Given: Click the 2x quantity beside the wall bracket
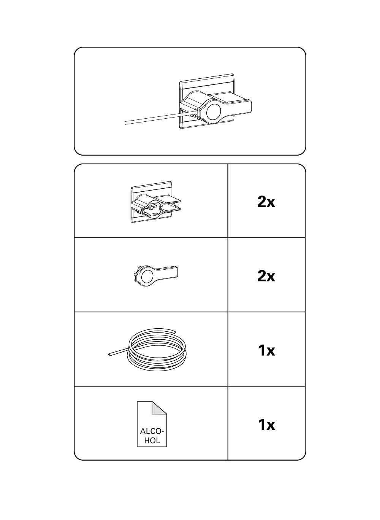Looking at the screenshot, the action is (x=266, y=202).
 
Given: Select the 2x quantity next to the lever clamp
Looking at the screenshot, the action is (x=266, y=276).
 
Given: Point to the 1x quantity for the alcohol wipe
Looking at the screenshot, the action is (x=266, y=425).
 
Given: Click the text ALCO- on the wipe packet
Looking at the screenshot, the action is (x=152, y=431).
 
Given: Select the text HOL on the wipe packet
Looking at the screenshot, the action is (x=152, y=440).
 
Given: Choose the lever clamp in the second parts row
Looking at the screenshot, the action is (x=156, y=276).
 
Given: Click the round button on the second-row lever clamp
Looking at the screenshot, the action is (x=147, y=277).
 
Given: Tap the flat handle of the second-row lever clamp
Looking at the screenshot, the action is (x=168, y=272).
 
